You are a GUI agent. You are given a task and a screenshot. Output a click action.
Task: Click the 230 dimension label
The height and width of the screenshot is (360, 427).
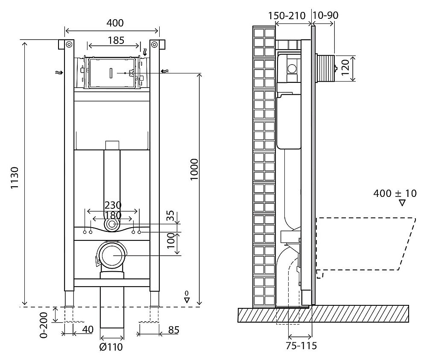point(112,205)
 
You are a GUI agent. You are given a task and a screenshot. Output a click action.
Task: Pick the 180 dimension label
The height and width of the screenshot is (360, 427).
point(112,215)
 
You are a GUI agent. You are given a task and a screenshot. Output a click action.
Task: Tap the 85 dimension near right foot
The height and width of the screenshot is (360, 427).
point(173,330)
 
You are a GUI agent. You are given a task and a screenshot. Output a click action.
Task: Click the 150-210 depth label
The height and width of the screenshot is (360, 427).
point(287,16)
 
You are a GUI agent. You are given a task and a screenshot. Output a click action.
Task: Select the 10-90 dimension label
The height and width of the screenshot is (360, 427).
point(325,16)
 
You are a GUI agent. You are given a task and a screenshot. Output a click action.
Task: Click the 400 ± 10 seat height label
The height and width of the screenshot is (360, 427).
point(395,193)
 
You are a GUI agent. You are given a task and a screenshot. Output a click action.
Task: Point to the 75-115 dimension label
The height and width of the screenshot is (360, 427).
point(301,346)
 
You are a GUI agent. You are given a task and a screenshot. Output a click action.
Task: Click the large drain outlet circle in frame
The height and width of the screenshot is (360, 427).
point(112,255)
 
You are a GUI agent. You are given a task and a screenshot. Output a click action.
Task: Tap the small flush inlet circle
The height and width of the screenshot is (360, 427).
point(113,224)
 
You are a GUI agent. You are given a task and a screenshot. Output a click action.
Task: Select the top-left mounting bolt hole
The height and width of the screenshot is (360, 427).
point(69,44)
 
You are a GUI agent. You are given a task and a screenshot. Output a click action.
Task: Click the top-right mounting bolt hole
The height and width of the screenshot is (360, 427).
point(154,44)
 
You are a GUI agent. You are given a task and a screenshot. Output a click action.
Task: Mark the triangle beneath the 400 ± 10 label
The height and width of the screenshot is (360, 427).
point(402,203)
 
